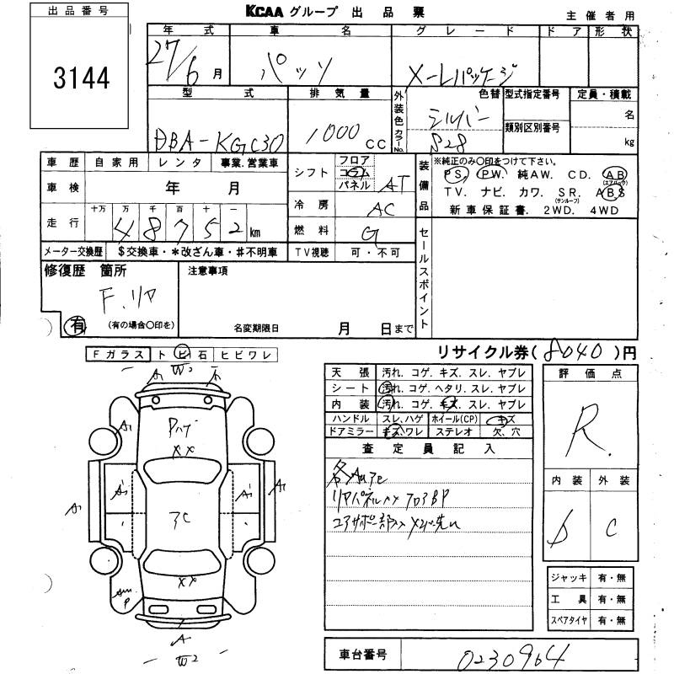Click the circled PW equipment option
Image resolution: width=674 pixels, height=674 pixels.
[489, 174]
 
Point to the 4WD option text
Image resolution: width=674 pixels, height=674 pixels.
[604, 209]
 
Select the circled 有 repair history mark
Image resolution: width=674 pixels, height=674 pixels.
[77, 324]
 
